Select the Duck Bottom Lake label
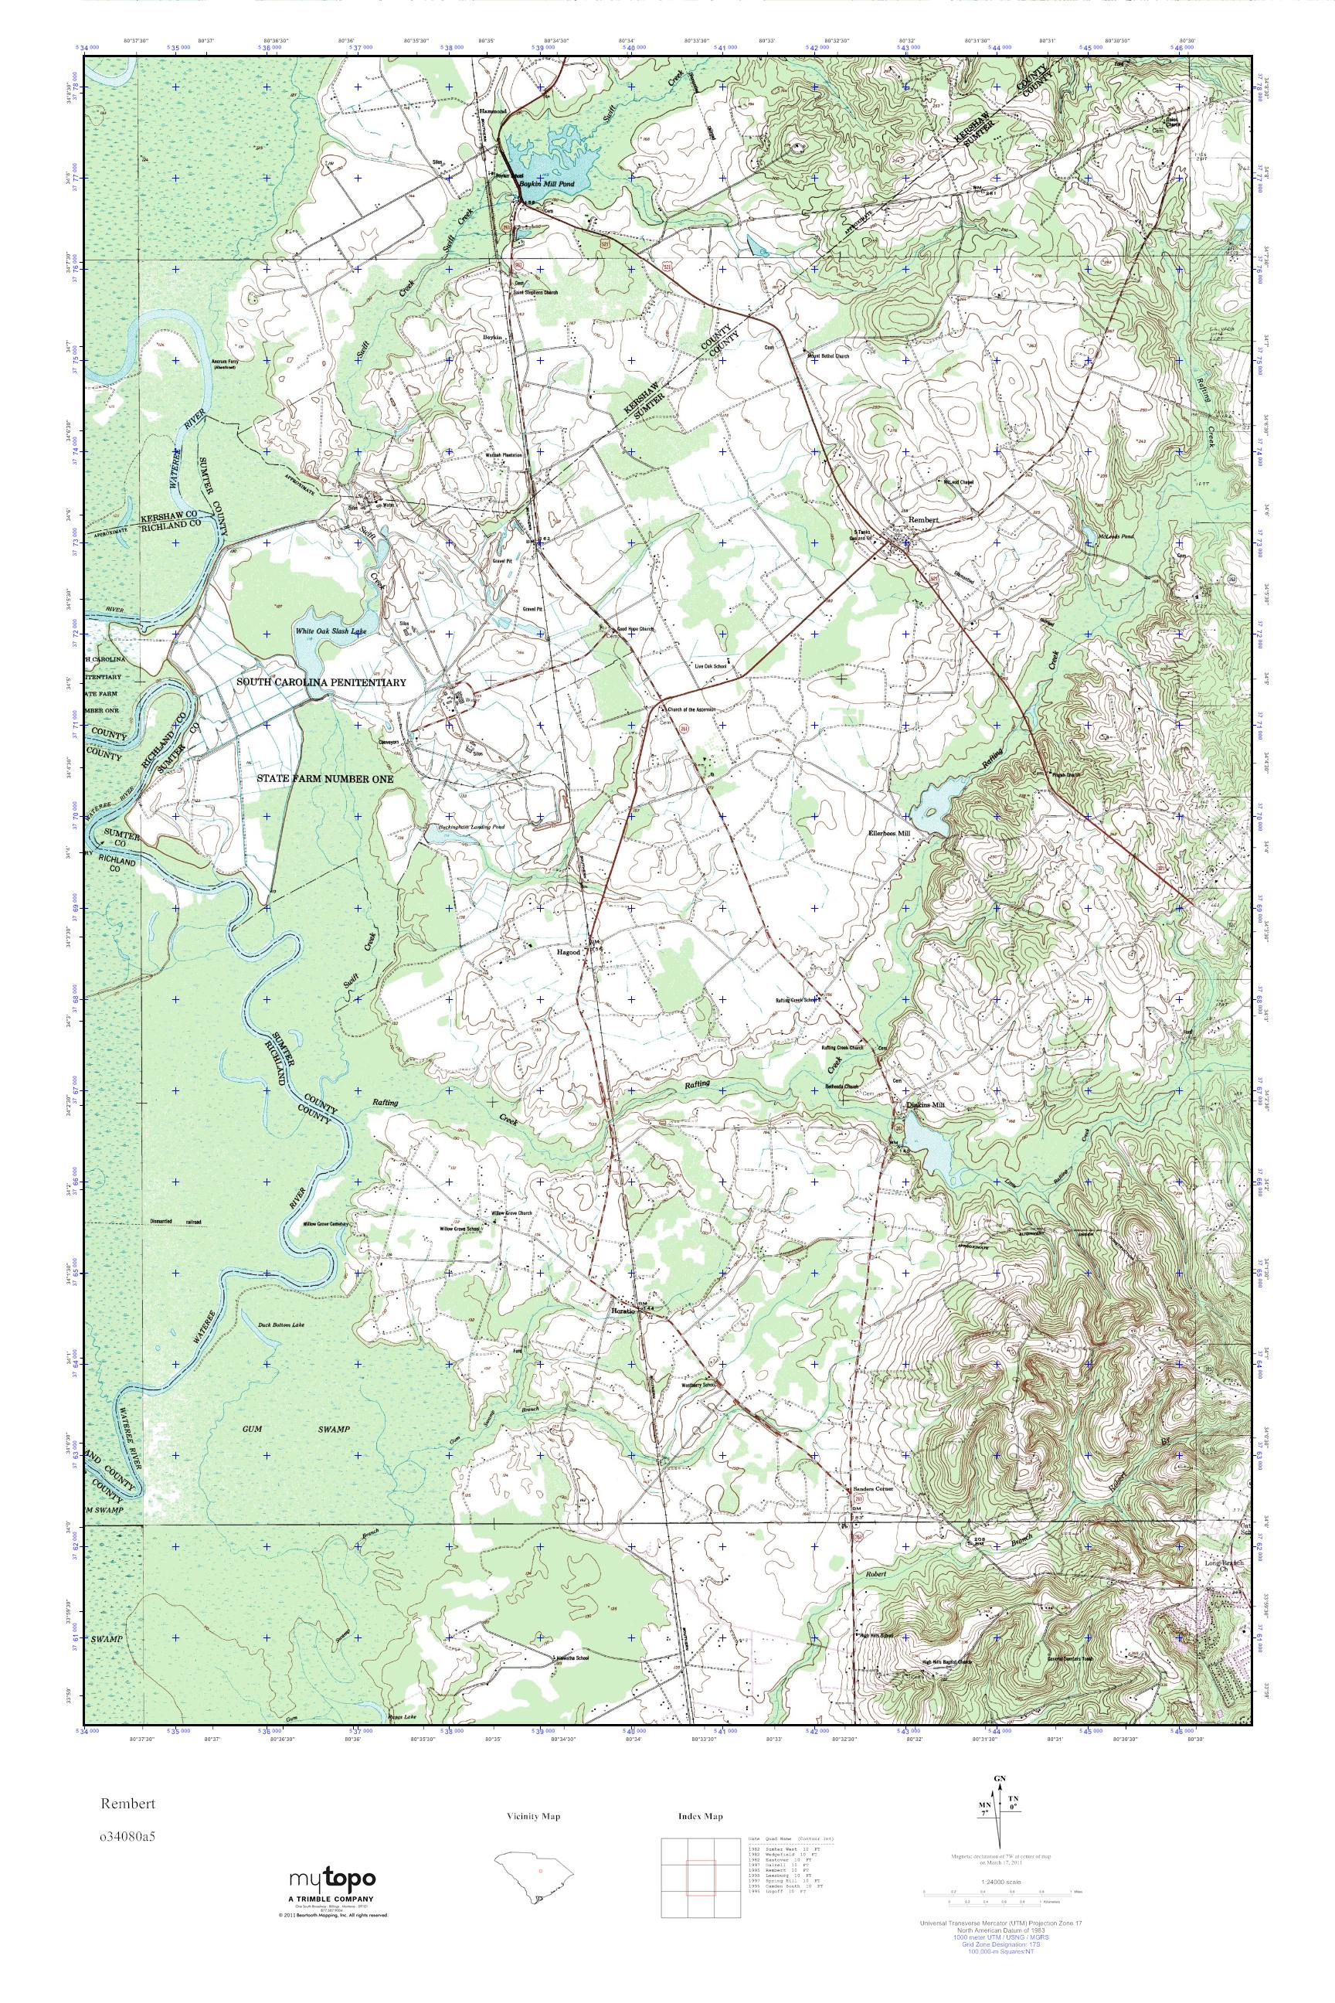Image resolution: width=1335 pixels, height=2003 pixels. (280, 1325)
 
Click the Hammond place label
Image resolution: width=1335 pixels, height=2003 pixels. (492, 110)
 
